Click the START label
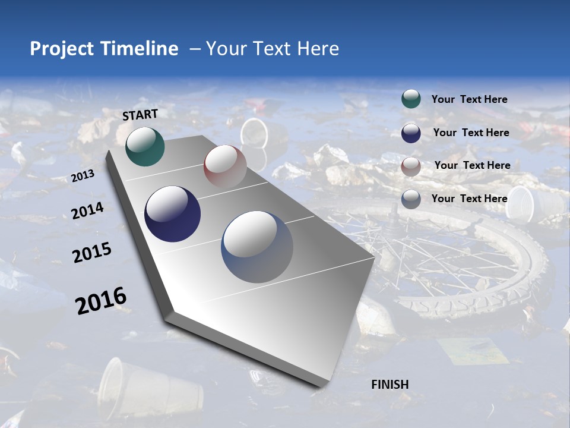140,115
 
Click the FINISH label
390,385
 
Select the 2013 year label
83,176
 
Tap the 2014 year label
88,211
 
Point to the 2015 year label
92,253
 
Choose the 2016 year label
101,301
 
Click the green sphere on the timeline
145,146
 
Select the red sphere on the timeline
225,166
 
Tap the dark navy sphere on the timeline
172,214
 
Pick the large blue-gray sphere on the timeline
257,247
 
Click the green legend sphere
411,99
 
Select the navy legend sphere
411,133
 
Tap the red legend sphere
411,166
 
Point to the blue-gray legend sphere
411,199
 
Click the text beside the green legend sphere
469,100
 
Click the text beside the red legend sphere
472,165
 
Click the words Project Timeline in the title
104,49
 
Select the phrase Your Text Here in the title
273,49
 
